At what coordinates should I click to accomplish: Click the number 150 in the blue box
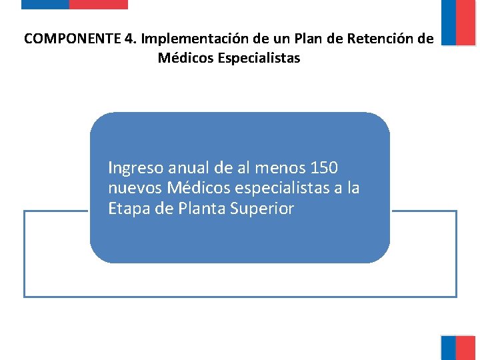(325, 167)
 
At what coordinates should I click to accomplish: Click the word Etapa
(129, 209)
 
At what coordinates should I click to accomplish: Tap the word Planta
(201, 209)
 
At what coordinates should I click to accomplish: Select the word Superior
(261, 209)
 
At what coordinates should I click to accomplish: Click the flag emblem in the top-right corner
(458, 23)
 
